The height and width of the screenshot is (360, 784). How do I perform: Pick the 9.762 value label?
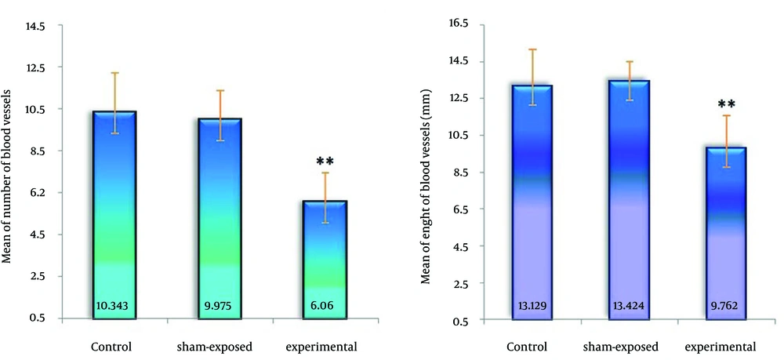[726, 307]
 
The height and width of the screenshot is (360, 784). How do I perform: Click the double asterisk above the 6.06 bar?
[325, 162]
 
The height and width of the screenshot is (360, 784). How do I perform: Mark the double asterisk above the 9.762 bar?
[726, 104]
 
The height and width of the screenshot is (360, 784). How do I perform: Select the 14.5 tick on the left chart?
[35, 26]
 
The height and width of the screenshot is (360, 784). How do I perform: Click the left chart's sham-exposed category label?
[220, 346]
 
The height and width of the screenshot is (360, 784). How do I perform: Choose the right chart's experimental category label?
[720, 346]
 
